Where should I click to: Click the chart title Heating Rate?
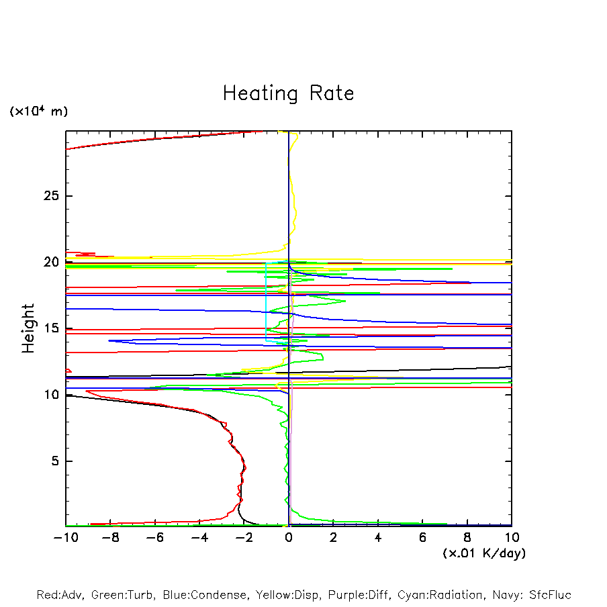tap(288, 93)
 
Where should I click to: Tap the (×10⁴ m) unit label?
tap(38, 111)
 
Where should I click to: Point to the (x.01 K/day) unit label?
tap(484, 553)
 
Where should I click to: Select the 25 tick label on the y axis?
tap(52, 196)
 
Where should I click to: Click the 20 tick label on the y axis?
tap(52, 262)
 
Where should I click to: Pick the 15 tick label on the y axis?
tap(52, 328)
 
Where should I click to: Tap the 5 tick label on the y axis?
tap(56, 461)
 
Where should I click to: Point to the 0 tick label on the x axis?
tap(289, 538)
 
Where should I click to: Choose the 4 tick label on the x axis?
tap(378, 538)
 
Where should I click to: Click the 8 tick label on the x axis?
tap(467, 538)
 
